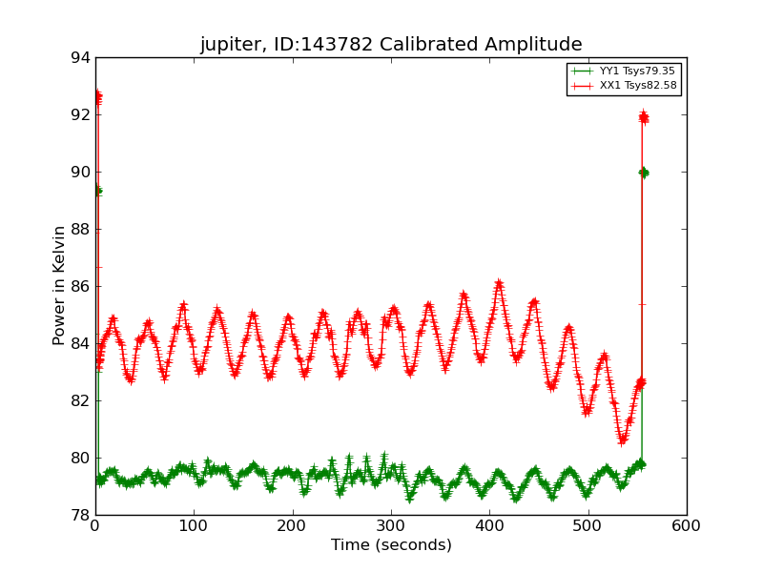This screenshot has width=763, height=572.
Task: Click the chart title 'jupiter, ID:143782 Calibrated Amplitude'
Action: (x=390, y=44)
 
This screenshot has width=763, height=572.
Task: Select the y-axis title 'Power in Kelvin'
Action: (x=59, y=285)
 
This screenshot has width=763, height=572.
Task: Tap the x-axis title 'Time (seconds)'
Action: (x=391, y=545)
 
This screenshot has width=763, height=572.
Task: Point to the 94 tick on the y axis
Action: (x=79, y=58)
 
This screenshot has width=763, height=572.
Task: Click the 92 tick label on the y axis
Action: (x=79, y=115)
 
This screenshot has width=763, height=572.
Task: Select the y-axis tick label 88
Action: (x=79, y=230)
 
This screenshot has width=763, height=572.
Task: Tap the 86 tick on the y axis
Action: (x=79, y=287)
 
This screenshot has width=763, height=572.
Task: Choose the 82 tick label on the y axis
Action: (x=79, y=401)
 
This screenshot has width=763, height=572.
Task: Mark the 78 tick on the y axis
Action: (x=79, y=516)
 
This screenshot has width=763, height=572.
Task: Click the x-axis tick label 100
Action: (x=194, y=525)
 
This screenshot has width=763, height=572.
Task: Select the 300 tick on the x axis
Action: (x=391, y=525)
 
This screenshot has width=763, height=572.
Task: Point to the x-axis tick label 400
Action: (x=489, y=525)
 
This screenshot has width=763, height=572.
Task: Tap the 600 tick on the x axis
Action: (x=687, y=525)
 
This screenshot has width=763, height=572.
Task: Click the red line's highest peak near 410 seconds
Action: (x=499, y=283)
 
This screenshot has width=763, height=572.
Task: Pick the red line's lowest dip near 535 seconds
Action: (x=623, y=439)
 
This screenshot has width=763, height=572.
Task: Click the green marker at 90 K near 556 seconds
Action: (x=644, y=172)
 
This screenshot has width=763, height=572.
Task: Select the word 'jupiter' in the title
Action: (x=229, y=45)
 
